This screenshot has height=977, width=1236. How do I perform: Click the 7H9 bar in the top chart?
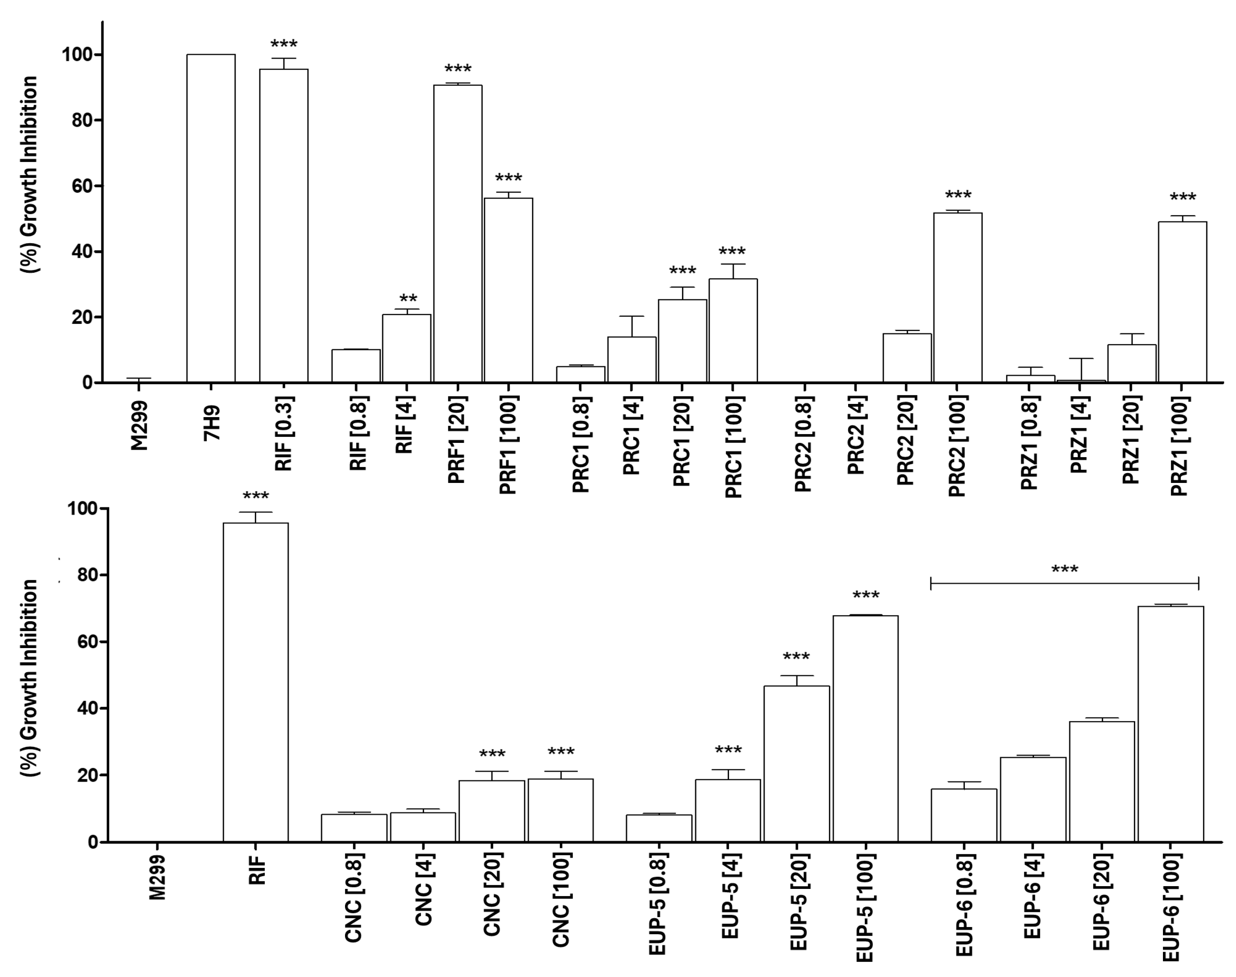pos(210,219)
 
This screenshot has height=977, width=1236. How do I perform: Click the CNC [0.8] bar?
pos(354,828)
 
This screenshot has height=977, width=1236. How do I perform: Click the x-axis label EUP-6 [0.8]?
pos(964,904)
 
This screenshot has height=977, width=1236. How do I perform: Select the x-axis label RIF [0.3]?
pos(284,434)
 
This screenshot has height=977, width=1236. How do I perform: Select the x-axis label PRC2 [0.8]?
pos(803,443)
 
